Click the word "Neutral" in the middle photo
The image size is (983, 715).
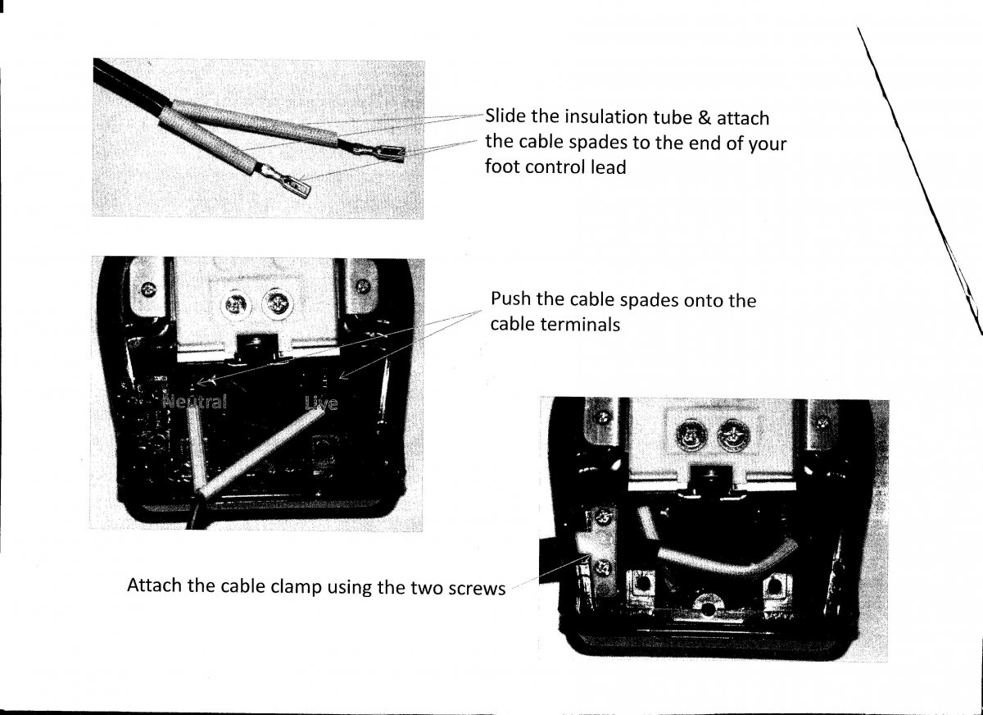coord(194,402)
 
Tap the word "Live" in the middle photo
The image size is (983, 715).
coord(322,403)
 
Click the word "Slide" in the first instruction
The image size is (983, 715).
coord(505,116)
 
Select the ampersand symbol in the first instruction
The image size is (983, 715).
coord(704,117)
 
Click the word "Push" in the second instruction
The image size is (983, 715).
coord(510,298)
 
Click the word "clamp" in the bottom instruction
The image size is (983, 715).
coord(297,587)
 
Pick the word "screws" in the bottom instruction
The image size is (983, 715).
coord(477,589)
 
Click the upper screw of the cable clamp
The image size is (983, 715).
coord(603,515)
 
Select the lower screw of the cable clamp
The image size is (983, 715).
coord(603,568)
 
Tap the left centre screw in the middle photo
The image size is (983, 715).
coord(236,304)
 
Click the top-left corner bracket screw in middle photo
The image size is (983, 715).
coord(149,289)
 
